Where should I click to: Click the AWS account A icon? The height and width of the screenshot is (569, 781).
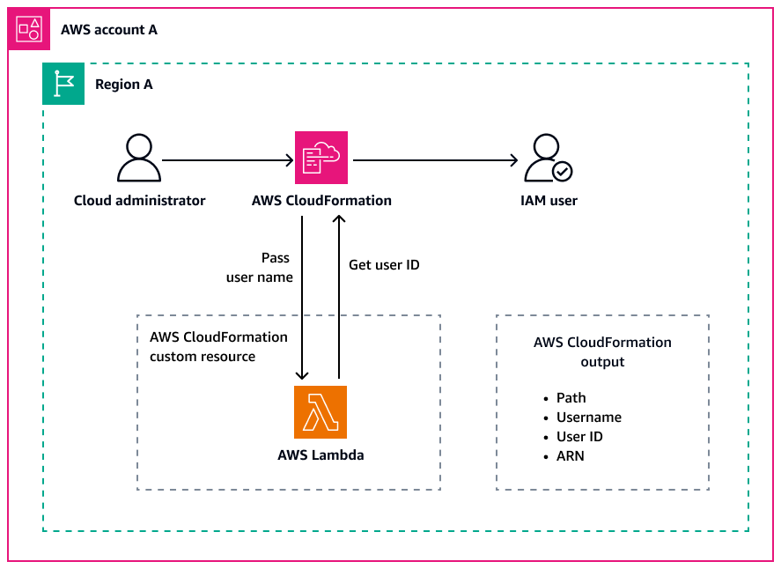[29, 29]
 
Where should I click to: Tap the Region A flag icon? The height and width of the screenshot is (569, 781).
[63, 85]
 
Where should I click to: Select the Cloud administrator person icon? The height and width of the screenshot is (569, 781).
[139, 158]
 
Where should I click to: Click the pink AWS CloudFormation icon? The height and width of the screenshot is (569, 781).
[321, 158]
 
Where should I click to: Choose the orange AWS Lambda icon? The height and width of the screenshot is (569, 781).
[321, 412]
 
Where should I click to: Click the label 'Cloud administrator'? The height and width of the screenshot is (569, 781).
[139, 201]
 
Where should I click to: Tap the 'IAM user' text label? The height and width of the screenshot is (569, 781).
[549, 201]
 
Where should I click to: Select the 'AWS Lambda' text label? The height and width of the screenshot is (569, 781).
[321, 455]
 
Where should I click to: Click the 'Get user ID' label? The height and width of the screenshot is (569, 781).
[384, 264]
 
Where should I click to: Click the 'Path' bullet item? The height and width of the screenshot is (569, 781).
[571, 398]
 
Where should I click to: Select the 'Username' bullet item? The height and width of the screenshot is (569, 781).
[588, 418]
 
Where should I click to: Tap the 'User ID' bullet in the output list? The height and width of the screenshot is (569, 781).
[579, 437]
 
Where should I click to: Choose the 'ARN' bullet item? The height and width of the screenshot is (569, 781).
[570, 456]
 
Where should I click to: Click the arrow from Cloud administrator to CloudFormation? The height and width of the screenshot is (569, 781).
[227, 160]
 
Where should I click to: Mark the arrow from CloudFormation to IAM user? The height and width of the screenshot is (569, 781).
[435, 160]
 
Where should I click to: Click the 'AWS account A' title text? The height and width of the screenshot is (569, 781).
[109, 30]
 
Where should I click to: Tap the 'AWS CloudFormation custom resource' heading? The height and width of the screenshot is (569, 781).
[218, 347]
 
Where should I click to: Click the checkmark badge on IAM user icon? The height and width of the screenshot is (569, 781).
[562, 171]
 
